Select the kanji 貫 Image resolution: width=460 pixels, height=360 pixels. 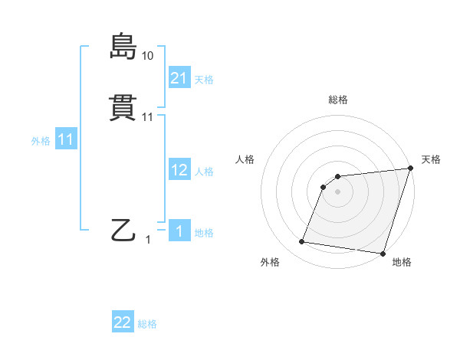pos(123,108)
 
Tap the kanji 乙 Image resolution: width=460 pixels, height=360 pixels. pos(123,230)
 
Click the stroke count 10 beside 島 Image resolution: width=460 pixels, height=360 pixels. pos(147,56)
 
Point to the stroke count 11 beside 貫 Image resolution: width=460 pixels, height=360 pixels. pos(147,117)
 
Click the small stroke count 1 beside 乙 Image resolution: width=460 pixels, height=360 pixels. pos(149,240)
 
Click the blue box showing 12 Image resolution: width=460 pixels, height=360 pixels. pos(179,170)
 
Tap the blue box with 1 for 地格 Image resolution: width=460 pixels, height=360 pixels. pos(179,231)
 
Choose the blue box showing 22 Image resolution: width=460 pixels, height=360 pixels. pos(123,322)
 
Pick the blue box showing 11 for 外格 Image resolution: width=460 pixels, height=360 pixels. pos(66,139)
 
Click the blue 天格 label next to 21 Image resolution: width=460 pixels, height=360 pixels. pos(204,78)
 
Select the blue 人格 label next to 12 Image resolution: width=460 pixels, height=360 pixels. pos(204,172)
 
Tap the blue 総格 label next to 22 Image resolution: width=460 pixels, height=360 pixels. pos(147,324)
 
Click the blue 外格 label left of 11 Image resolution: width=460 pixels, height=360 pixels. pos(41,141)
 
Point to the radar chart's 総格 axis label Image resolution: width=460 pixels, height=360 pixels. pos(338,100)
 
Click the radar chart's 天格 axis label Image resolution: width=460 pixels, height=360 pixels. pos(431,159)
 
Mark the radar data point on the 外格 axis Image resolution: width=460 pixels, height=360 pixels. pos(302,242)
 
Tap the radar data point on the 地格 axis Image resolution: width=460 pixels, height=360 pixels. pos(383,253)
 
